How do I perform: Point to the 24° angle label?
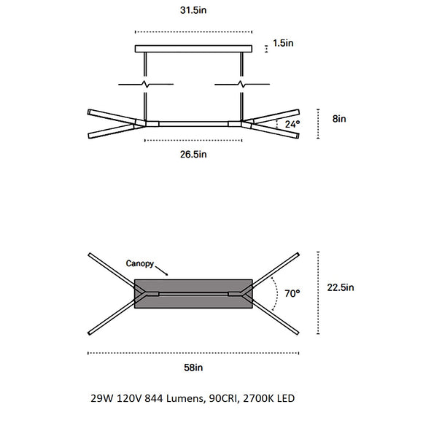tap(292, 124)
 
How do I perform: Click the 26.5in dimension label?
tap(193, 155)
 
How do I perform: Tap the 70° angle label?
tap(292, 294)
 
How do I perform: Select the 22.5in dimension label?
tap(341, 287)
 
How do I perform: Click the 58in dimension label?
tap(193, 368)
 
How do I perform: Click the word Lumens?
tap(181, 399)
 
